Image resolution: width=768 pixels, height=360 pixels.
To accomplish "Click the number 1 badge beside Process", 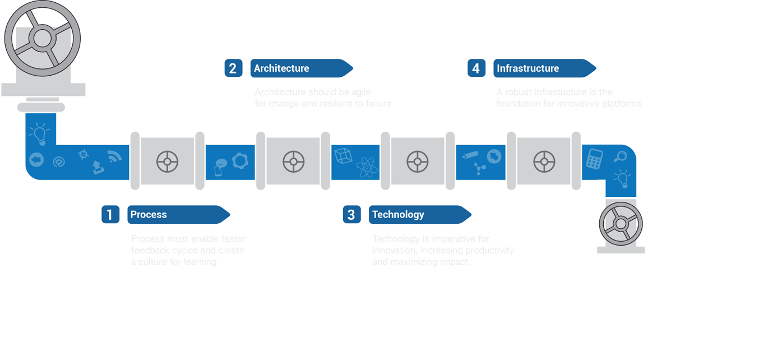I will pos(110,215).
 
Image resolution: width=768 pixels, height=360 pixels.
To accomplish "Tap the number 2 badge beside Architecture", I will pos(233,68).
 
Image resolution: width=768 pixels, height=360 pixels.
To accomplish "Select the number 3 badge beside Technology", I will pos(351,215).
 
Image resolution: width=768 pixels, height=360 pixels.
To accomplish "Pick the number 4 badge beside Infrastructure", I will pos(476,68).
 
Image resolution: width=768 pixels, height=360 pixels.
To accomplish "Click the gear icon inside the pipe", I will pos(240,161).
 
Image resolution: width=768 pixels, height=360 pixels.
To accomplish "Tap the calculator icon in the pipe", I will pos(594,159).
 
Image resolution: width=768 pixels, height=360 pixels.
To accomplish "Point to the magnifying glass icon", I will pos(619,157).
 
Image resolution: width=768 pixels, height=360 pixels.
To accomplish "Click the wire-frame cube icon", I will pos(343,155).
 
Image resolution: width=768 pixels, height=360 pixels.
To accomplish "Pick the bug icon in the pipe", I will pos(84,153).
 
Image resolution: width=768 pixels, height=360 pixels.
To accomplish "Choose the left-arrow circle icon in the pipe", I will pos(36,160).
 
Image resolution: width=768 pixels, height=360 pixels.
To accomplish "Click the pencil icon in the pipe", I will pos(470,154).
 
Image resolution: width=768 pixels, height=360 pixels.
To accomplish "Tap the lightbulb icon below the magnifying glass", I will pos(622,178).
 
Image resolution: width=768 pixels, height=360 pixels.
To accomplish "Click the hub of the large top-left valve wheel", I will pos(42,38).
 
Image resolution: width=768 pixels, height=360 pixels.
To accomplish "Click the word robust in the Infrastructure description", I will pos(518,92).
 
